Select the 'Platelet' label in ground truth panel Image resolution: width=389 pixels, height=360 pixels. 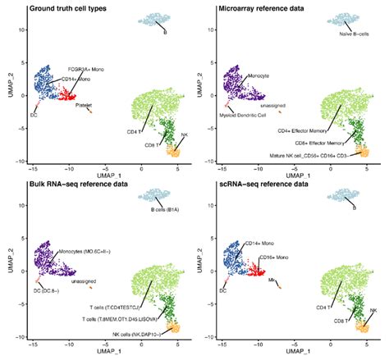(x=85, y=104)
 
